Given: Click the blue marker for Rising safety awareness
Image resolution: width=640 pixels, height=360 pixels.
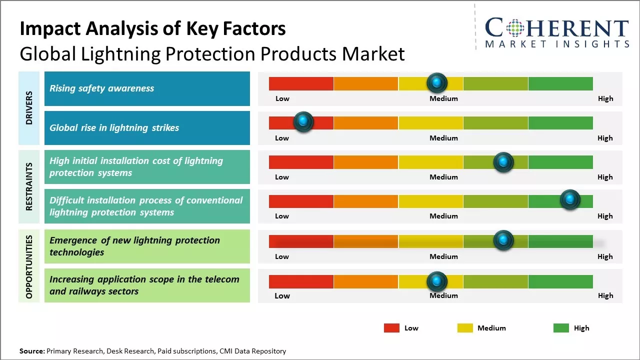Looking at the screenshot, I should click(437, 82).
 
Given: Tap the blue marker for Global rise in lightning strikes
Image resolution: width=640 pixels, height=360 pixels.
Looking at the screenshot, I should click(303, 121).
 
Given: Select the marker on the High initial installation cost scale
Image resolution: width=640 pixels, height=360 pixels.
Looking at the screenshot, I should click(503, 162).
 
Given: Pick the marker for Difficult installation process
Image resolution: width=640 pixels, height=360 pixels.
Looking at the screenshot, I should click(569, 200).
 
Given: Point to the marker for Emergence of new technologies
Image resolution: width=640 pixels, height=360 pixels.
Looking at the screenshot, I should click(503, 240).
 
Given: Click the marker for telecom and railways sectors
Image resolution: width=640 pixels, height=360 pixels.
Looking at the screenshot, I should click(437, 281).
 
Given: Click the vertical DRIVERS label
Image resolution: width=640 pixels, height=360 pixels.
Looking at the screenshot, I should click(29, 108).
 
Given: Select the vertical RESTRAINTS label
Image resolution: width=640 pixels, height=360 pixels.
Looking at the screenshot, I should click(29, 186).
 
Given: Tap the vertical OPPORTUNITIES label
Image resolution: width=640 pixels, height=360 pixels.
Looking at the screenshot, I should click(29, 267).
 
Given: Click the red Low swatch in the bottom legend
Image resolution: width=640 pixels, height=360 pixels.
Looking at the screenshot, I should click(391, 328).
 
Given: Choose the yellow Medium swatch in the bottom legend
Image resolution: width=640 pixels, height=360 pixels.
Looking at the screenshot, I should click(465, 328).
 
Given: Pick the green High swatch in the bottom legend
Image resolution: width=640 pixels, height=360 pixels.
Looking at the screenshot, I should click(561, 328).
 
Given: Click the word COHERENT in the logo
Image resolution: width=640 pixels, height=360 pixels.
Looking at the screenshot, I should click(557, 28).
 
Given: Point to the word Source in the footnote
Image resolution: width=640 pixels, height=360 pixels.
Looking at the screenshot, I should click(32, 351).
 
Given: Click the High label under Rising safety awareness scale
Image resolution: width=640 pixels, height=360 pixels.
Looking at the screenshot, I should click(605, 98).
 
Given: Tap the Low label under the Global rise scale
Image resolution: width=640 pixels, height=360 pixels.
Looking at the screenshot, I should click(282, 138).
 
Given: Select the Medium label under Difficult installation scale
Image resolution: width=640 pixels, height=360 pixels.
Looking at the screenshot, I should click(443, 216).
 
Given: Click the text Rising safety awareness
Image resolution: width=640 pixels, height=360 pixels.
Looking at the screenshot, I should click(101, 88).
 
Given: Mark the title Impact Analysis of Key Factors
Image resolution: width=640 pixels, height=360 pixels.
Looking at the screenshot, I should click(152, 29).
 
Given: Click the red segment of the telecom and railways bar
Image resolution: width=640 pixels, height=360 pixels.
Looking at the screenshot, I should click(301, 281).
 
